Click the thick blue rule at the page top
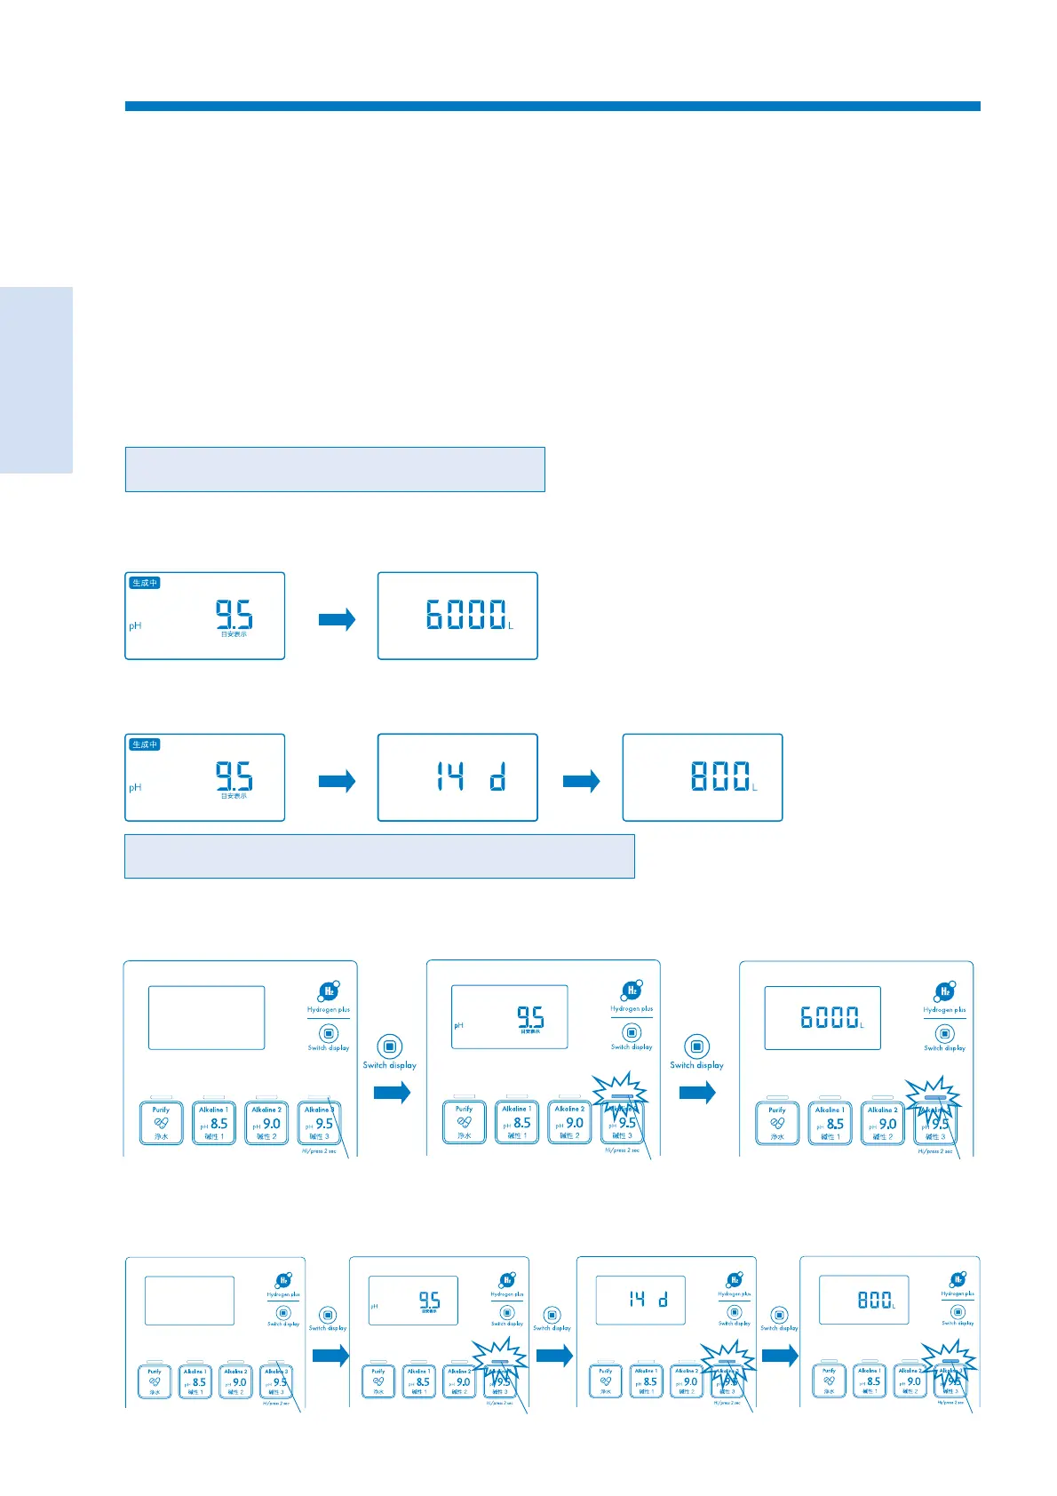[552, 107]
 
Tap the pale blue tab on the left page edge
[36, 380]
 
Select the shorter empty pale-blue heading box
[334, 469]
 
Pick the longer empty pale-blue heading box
[379, 856]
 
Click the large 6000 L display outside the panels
[457, 616]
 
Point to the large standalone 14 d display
[457, 777]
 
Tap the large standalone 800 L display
[702, 777]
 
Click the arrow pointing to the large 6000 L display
[337, 619]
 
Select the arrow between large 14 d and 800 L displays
[581, 781]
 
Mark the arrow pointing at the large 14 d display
[337, 781]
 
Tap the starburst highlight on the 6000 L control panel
[934, 1099]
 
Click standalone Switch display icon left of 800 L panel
[779, 1316]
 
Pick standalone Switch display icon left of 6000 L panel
[696, 1046]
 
